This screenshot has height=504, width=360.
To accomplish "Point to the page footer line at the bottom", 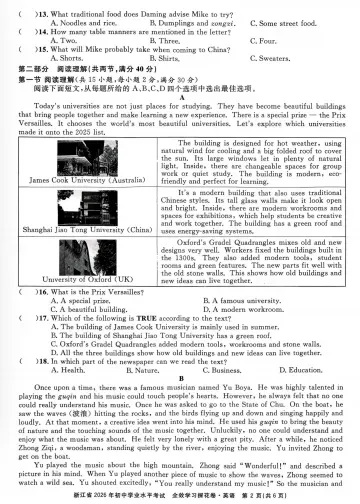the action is click(180, 496).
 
